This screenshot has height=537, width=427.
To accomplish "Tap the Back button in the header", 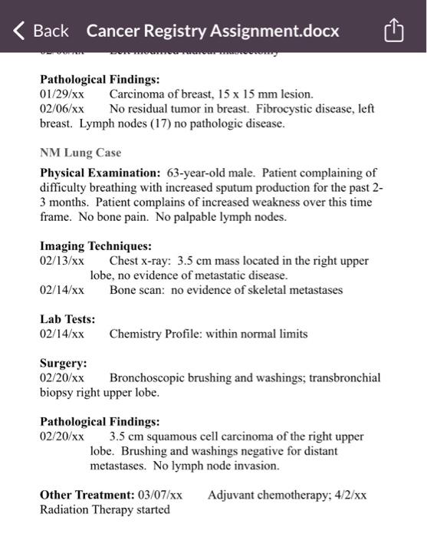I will coord(41,31).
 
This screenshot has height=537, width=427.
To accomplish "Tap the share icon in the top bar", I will coord(392,31).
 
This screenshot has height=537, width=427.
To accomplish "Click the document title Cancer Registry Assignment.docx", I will coord(212,31).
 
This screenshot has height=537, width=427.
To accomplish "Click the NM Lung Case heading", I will coord(80,153).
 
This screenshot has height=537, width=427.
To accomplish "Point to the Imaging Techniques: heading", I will coord(96,246).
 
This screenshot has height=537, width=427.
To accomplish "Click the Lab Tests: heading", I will coord(67,319).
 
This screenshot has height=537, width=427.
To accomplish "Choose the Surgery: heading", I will coord(64,363).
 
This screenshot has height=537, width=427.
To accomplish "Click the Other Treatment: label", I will coord(85,495).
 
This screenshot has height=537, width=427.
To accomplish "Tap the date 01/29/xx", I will coord(62,94).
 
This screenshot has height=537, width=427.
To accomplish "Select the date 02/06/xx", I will coord(62,109).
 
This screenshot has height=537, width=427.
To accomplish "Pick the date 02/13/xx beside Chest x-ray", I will coord(62,261).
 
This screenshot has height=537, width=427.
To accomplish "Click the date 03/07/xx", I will coord(159,495).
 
